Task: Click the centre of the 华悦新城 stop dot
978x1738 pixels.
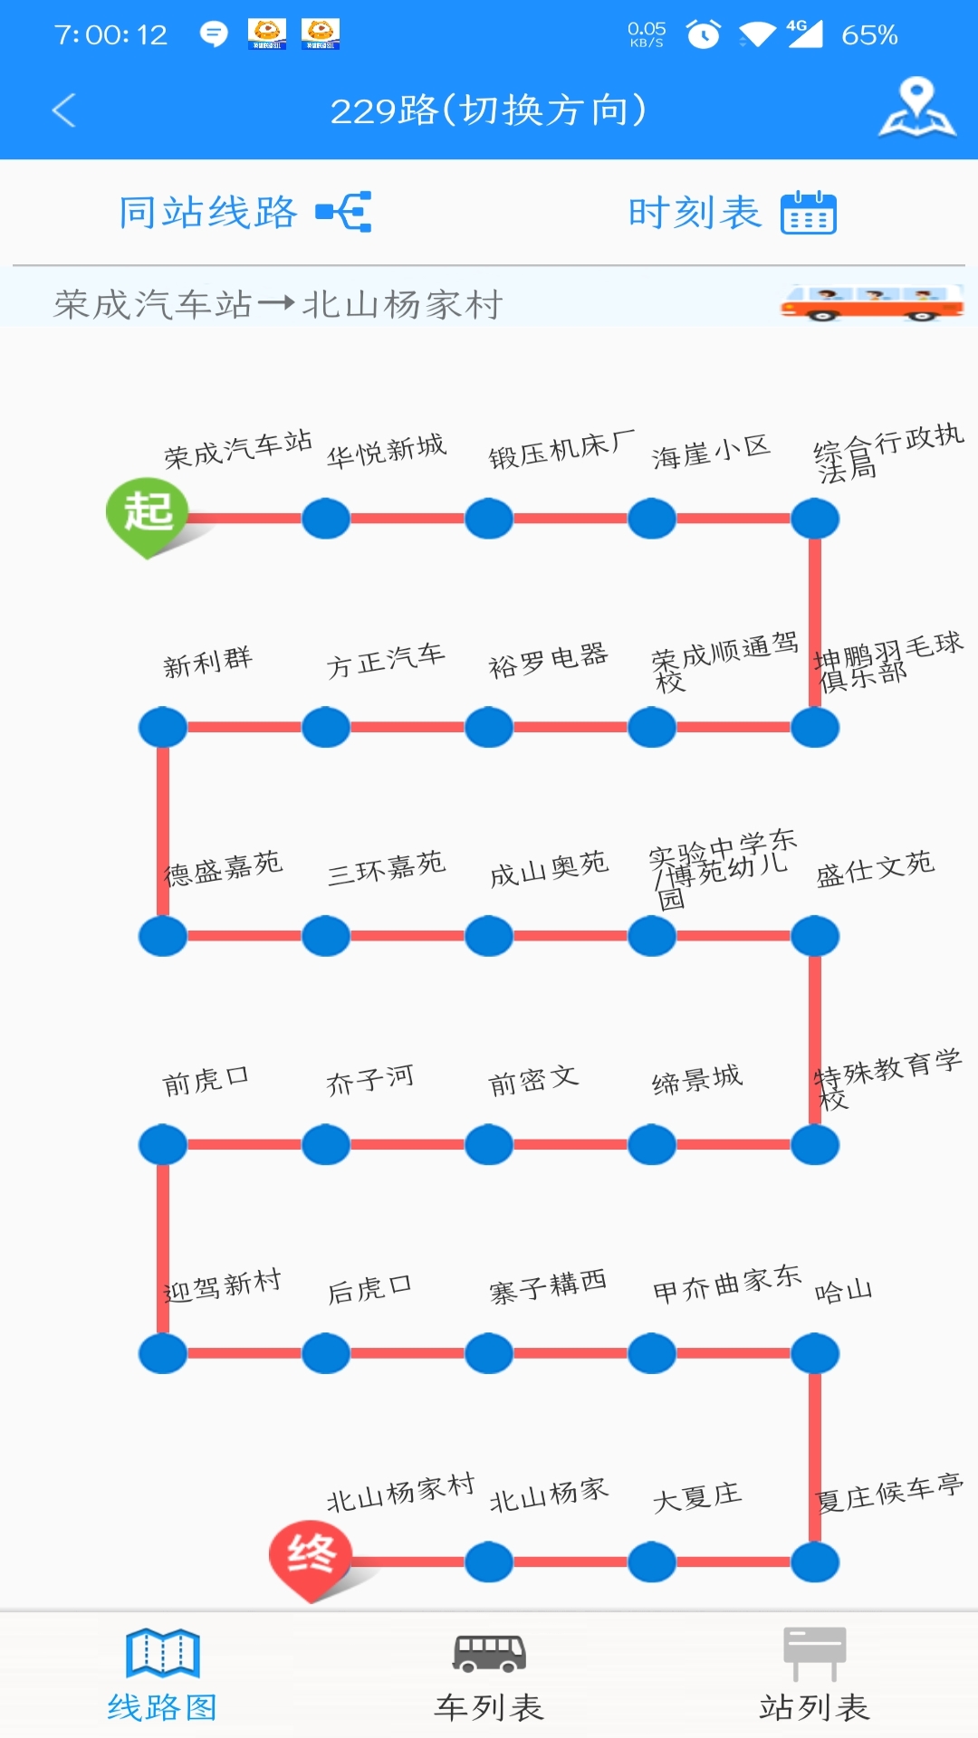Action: point(326,519)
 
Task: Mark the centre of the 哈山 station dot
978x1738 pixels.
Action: point(815,1353)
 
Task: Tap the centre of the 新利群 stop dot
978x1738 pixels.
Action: point(163,727)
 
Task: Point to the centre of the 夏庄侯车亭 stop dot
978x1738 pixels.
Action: point(815,1561)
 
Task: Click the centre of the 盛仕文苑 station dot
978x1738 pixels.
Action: point(815,936)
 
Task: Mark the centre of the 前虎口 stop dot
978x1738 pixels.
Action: point(163,1144)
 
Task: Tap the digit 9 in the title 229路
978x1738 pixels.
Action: point(385,111)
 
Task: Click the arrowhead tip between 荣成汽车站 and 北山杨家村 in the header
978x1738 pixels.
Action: point(294,304)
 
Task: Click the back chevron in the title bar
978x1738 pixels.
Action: point(63,110)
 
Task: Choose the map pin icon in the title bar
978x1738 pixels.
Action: point(917,108)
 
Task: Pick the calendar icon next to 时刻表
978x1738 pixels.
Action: point(809,213)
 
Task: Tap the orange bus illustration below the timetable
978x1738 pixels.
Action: point(872,302)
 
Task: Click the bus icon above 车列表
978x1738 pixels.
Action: point(489,1653)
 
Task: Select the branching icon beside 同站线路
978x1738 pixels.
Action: point(344,212)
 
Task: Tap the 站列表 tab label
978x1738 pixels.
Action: point(814,1707)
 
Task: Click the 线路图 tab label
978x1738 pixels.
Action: point(162,1707)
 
